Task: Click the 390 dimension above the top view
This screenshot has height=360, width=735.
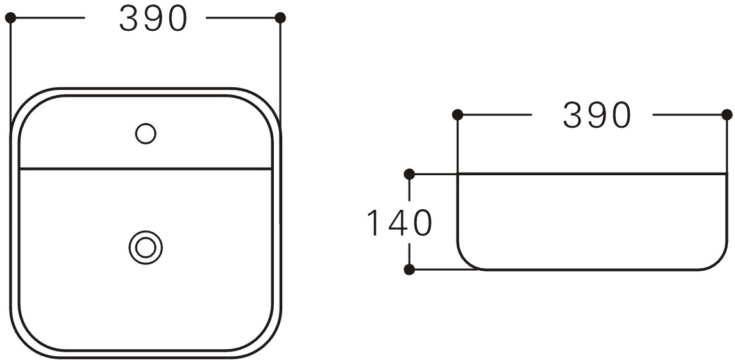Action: click(x=153, y=19)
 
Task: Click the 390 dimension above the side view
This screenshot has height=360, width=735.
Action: click(x=597, y=116)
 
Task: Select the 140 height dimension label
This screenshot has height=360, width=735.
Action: click(x=399, y=223)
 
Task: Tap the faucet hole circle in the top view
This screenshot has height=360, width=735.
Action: click(x=146, y=133)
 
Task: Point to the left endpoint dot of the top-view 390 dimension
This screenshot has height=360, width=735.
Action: click(x=10, y=18)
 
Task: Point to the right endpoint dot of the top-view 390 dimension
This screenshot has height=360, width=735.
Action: click(x=280, y=18)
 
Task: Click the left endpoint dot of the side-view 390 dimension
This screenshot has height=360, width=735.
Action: click(x=457, y=114)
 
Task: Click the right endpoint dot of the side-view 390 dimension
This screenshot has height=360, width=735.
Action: click(x=727, y=114)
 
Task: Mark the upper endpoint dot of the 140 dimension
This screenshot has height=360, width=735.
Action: click(x=409, y=175)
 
